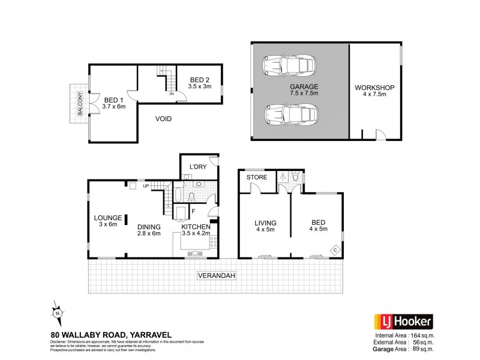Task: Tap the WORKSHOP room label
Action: coord(374,88)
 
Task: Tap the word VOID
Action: coord(163,119)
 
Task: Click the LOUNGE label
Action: coord(108,217)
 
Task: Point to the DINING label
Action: coord(148,226)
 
